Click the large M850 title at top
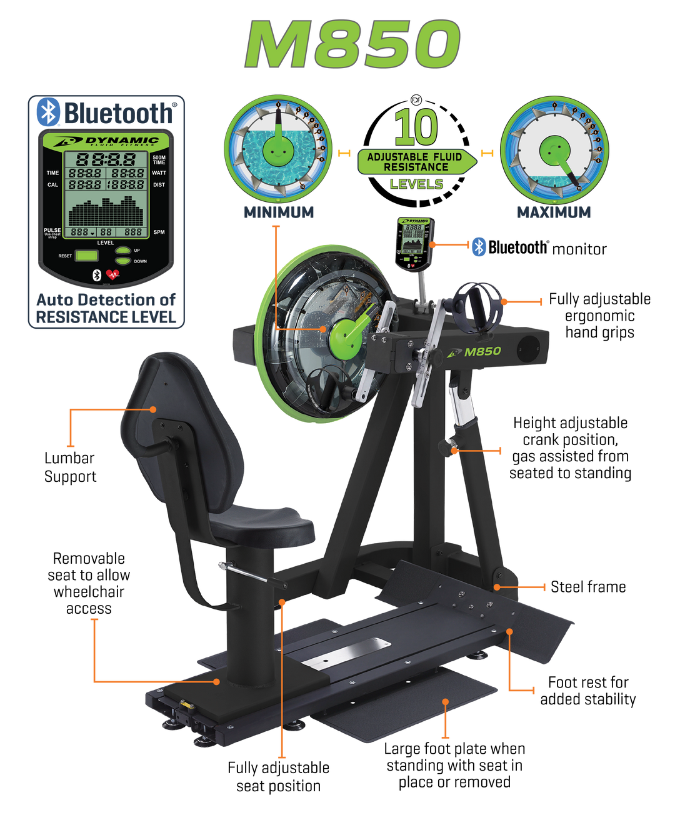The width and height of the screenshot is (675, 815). pyautogui.click(x=352, y=46)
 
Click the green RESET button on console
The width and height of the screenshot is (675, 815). pyautogui.click(x=87, y=256)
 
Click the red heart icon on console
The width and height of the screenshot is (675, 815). pyautogui.click(x=113, y=274)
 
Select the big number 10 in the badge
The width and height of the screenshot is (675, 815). pyautogui.click(x=416, y=127)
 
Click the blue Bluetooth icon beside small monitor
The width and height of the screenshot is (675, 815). pyautogui.click(x=479, y=246)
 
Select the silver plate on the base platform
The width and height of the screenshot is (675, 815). pyautogui.click(x=345, y=652)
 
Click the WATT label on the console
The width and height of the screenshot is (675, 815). pyautogui.click(x=159, y=173)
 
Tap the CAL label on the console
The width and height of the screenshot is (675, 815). pyautogui.click(x=53, y=185)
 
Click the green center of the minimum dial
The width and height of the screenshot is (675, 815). pyautogui.click(x=278, y=149)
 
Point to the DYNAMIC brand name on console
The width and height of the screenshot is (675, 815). pyautogui.click(x=122, y=140)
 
